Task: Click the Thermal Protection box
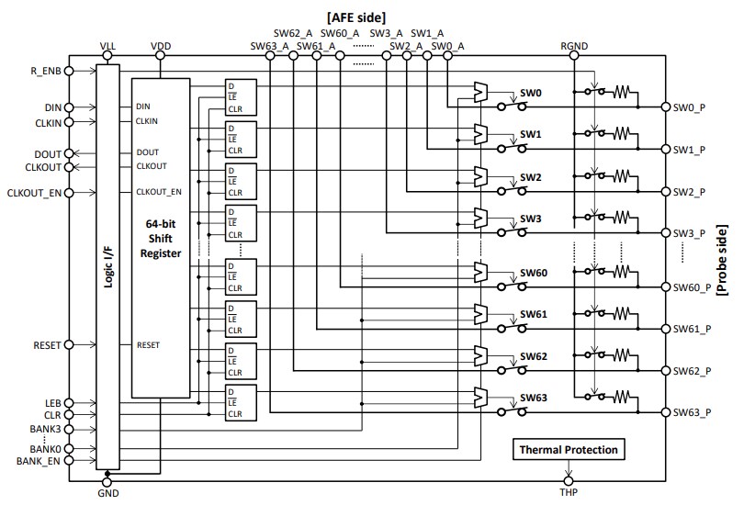[x=569, y=450]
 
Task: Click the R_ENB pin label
[x=45, y=70]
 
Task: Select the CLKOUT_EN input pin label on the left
[x=35, y=192]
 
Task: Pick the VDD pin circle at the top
[x=160, y=55]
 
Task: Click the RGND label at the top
[x=573, y=44]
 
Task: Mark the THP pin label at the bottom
[x=569, y=493]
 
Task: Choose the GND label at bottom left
[x=107, y=493]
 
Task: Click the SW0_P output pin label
[x=689, y=107]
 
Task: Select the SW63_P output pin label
[x=692, y=412]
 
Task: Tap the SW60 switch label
[x=534, y=274]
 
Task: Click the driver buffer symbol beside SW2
[x=479, y=175]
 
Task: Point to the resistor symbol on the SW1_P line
[x=624, y=134]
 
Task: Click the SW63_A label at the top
[x=269, y=44]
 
